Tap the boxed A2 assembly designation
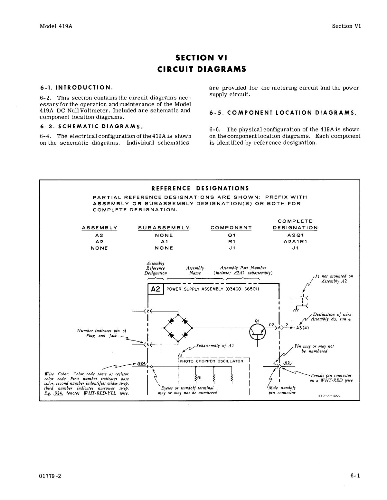coord(156,289)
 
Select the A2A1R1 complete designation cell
coord(295,241)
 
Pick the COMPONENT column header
coord(231,228)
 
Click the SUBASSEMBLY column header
coord(164,228)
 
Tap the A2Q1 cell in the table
coord(295,235)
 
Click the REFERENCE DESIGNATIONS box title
coord(200,188)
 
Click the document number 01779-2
coord(50,476)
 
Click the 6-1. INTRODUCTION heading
coord(76,87)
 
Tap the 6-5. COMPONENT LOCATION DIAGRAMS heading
coord(283,113)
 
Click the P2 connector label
coord(271,325)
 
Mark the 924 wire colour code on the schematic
coord(141,363)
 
